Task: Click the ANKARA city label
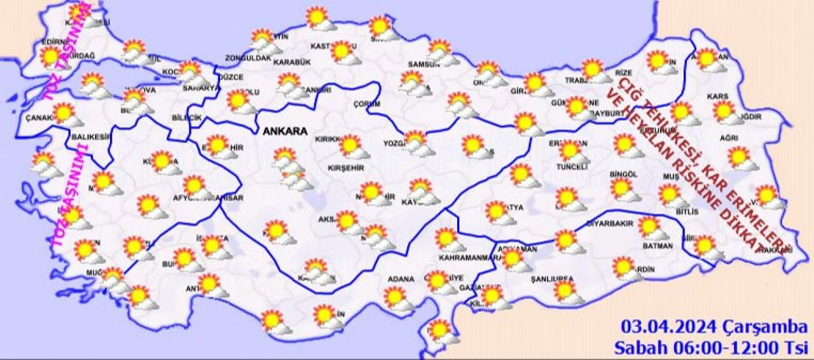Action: (x=284, y=132)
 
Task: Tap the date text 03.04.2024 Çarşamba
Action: (x=715, y=328)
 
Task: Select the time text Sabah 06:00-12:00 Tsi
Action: (x=710, y=348)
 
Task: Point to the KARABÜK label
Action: (x=292, y=62)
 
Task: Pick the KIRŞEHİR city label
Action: (x=345, y=167)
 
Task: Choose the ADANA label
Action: (x=401, y=279)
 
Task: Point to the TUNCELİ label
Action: (x=571, y=167)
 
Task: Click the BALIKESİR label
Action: (x=87, y=137)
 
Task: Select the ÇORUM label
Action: (x=367, y=104)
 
